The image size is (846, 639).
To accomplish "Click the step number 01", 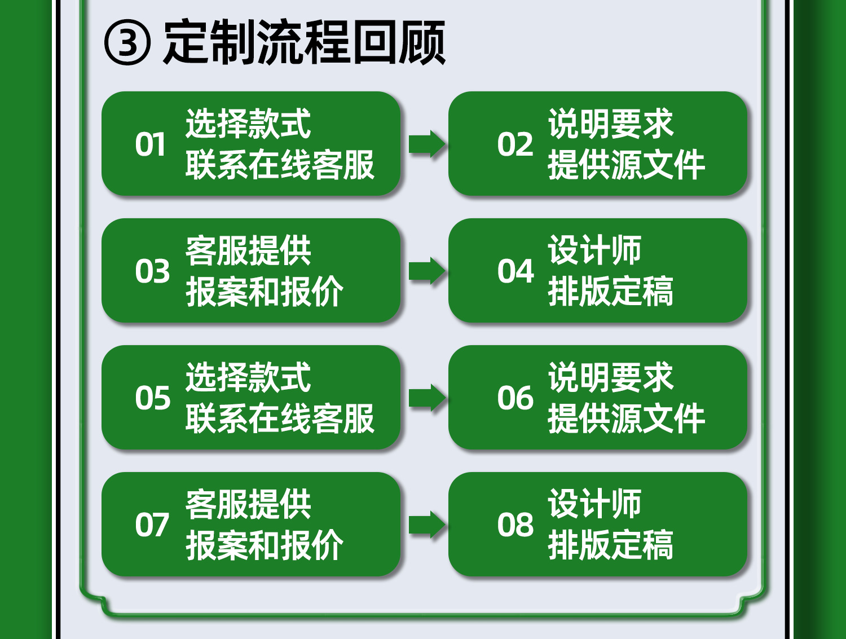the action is click(151, 144).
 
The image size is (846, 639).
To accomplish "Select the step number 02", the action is click(515, 144).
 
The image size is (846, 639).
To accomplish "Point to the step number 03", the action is click(152, 271).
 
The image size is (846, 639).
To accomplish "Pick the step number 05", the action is click(152, 398).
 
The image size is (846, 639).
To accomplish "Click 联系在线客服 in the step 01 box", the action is click(280, 165).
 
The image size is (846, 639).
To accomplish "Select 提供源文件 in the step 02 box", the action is click(626, 165).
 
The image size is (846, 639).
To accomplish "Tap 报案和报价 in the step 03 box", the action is click(264, 292).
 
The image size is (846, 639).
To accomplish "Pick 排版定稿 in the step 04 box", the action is click(610, 292).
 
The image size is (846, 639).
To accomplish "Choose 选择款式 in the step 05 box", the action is click(248, 377).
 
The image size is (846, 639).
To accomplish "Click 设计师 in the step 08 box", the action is click(594, 504).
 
